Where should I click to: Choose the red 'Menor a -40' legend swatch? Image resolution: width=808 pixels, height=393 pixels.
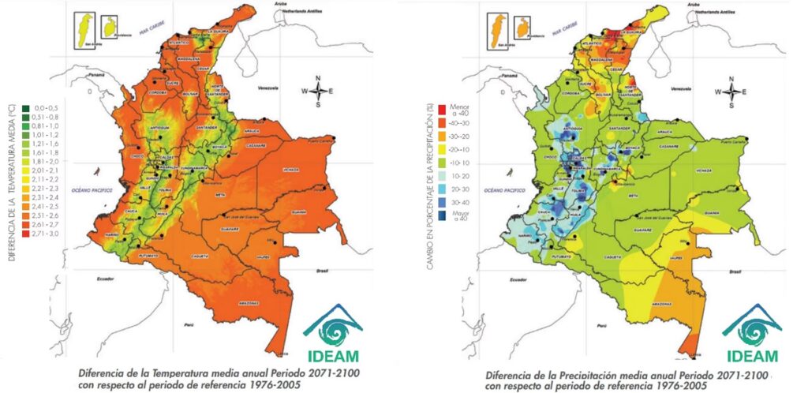pos(440,107)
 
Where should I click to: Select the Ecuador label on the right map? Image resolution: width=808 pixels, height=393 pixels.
pos(518,279)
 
